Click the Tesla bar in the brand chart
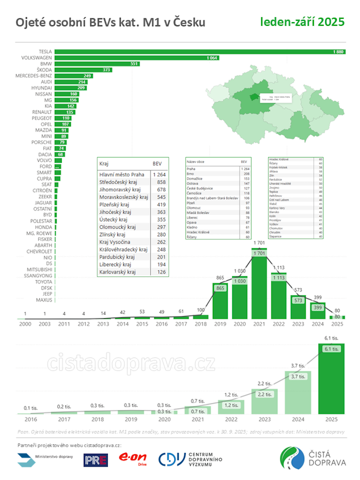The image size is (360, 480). pos(199,51)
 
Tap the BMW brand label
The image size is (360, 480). pos(46,63)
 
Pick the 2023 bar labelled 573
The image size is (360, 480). pos(298,307)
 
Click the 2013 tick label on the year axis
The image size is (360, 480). pos(103,325)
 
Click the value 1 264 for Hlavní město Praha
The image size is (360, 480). pos(159,175)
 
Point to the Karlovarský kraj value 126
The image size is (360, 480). pos(159,272)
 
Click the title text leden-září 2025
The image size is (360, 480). pos(302,23)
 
